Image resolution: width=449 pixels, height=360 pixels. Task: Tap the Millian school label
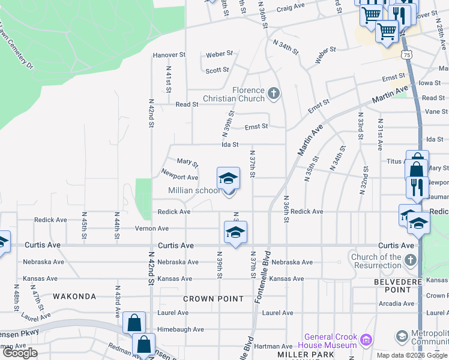[x=194, y=190]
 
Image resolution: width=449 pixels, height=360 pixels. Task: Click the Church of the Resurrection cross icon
[x=410, y=260]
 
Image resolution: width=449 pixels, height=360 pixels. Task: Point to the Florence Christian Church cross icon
[x=274, y=93]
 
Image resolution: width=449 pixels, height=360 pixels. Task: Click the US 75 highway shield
[x=408, y=54]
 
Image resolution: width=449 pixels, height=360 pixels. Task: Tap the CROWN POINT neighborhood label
[x=213, y=299]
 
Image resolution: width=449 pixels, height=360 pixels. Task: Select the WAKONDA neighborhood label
[x=74, y=296]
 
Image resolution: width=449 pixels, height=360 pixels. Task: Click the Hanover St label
[x=169, y=55]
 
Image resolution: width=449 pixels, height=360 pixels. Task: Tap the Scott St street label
[x=217, y=70]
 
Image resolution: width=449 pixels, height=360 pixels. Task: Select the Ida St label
[x=231, y=145]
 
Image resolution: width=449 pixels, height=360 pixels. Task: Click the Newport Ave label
[x=179, y=178]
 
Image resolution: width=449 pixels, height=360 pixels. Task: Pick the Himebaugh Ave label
[x=181, y=329]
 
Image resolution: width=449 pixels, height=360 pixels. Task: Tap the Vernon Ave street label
[x=152, y=229]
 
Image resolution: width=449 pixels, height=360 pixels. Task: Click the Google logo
[x=20, y=353]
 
